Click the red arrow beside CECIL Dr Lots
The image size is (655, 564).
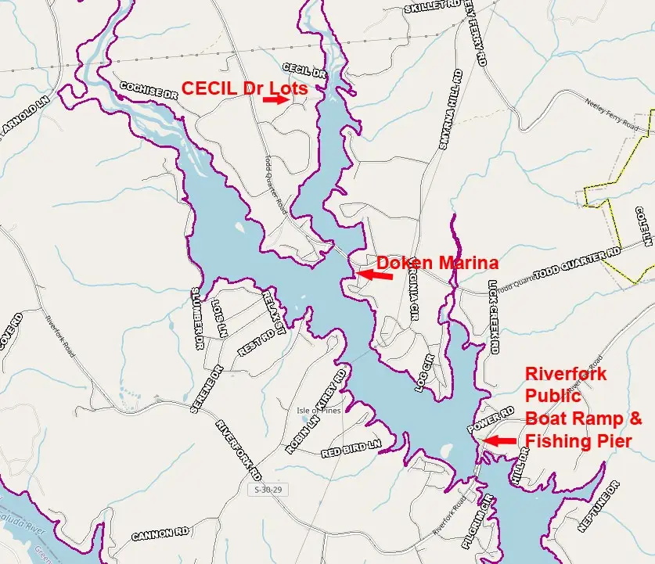pyautogui.click(x=275, y=100)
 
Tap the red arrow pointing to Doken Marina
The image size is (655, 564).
pyautogui.click(x=375, y=275)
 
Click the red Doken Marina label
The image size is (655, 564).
pyautogui.click(x=437, y=262)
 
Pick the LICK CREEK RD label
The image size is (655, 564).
pyautogui.click(x=493, y=317)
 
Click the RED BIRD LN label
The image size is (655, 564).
pyautogui.click(x=351, y=448)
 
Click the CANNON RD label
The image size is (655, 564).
pyautogui.click(x=160, y=535)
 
